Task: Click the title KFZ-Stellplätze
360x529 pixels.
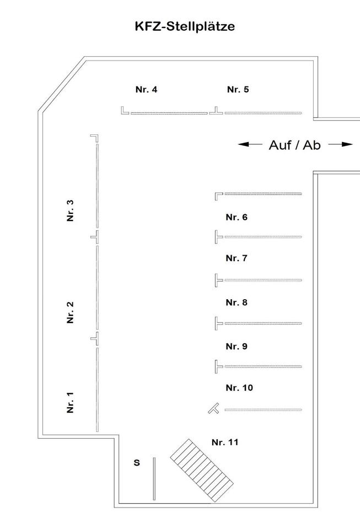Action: click(x=185, y=26)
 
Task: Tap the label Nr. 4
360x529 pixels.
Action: click(x=146, y=89)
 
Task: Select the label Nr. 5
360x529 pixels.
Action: click(x=238, y=89)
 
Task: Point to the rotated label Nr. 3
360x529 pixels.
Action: click(x=70, y=210)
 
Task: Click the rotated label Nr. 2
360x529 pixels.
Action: click(x=70, y=312)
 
